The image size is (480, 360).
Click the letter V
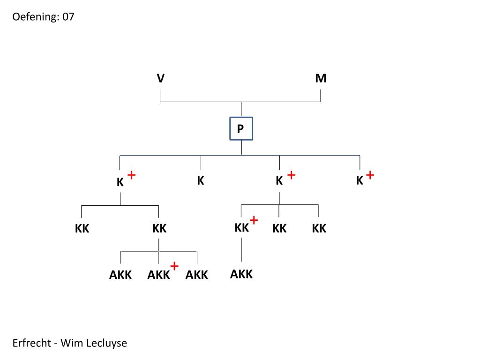click(x=161, y=79)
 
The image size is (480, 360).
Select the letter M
click(x=321, y=79)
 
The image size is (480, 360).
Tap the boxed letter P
click(x=241, y=128)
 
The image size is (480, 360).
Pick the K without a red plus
click(x=201, y=180)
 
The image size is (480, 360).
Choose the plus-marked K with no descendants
click(x=360, y=181)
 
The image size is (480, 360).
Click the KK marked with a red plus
click(x=242, y=228)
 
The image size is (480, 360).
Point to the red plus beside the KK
click(x=254, y=220)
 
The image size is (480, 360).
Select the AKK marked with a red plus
click(x=158, y=275)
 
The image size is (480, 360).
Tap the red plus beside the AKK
click(x=174, y=266)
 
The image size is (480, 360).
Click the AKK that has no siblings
click(x=241, y=274)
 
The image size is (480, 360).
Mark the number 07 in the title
click(x=68, y=17)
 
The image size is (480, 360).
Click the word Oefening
click(x=35, y=17)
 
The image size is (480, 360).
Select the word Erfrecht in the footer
click(x=32, y=343)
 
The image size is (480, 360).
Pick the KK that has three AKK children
click(x=159, y=229)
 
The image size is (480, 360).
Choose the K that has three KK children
click(x=279, y=181)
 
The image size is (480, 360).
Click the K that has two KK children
click(x=120, y=183)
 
